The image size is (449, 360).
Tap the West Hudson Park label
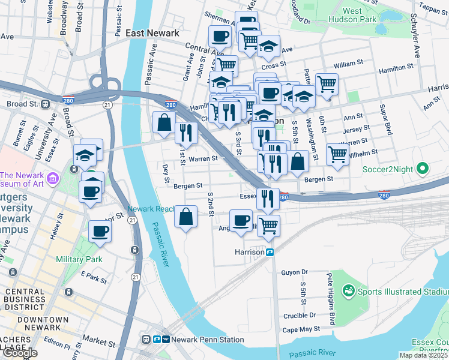pyautogui.click(x=360, y=15)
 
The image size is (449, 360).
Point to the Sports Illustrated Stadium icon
pyautogui.click(x=347, y=291)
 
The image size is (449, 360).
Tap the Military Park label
pyautogui.click(x=79, y=259)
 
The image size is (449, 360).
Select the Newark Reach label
pyautogui.click(x=150, y=209)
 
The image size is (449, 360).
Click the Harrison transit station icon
pyautogui.click(x=271, y=252)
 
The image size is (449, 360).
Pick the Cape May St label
pyautogui.click(x=299, y=330)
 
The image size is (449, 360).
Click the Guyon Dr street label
pyautogui.click(x=294, y=272)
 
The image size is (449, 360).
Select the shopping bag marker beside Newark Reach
pyautogui.click(x=186, y=217)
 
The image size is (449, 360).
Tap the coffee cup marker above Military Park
pyautogui.click(x=100, y=231)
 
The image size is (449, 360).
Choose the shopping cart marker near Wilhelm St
pyautogui.click(x=338, y=154)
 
